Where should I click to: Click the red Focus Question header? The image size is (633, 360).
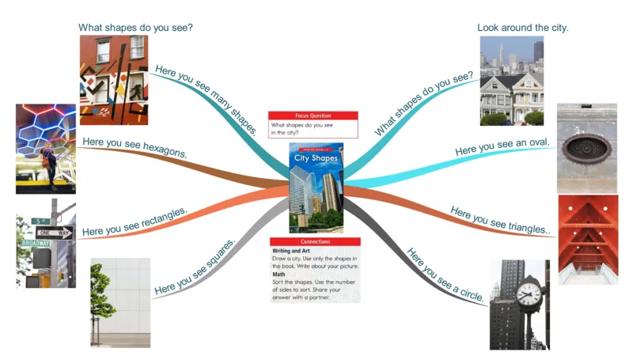[x=313, y=116]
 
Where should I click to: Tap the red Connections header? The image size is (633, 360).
[x=315, y=241]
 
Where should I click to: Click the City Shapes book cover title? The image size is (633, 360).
[x=316, y=158]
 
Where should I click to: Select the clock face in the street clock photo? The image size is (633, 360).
[x=528, y=295]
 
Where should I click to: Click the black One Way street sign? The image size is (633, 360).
[x=55, y=233]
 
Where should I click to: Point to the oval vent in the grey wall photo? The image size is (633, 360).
[x=586, y=148]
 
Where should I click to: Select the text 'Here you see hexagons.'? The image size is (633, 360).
[x=135, y=148]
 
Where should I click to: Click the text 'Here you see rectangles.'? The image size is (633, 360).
[x=135, y=222]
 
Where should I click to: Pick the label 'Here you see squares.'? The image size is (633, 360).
[x=195, y=267]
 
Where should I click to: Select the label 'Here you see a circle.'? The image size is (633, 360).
[x=444, y=275]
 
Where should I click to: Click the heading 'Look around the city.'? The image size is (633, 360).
[x=523, y=28]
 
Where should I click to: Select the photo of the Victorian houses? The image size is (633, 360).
[x=512, y=81]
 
